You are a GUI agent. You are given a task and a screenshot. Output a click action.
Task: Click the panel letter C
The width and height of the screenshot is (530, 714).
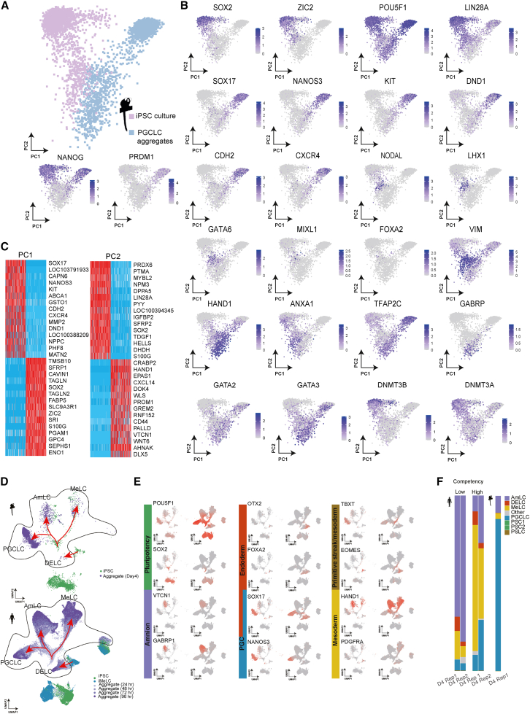tap(6, 246)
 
